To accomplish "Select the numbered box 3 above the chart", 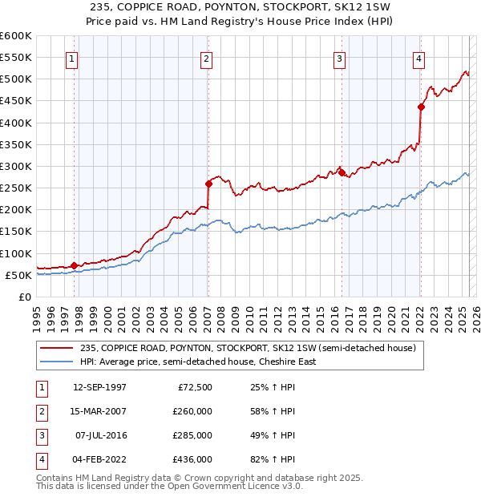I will (x=340, y=58).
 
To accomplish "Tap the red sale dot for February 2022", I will (x=421, y=107).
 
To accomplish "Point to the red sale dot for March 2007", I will (x=208, y=183).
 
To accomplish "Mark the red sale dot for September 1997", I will (x=74, y=265).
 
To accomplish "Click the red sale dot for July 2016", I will (x=341, y=172).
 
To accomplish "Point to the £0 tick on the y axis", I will (x=26, y=297).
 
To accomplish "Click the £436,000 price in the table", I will (x=193, y=459).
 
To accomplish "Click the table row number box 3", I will (x=41, y=435).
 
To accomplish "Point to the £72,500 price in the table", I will (x=195, y=387).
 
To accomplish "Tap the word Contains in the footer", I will (x=56, y=478).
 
